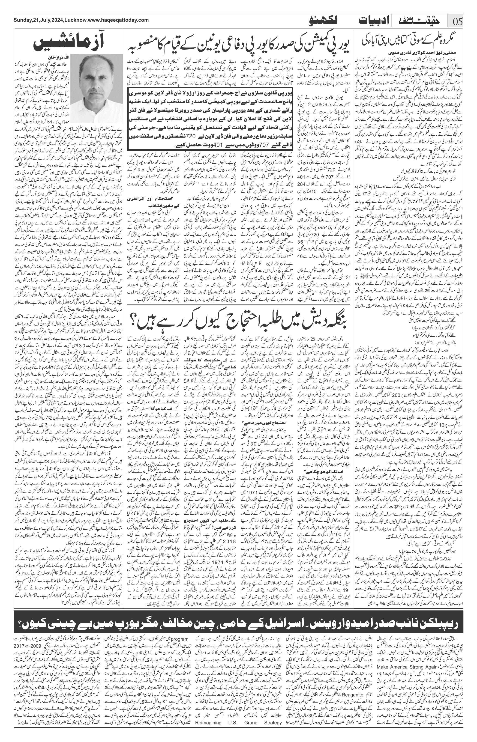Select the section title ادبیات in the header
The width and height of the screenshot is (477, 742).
370,21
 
